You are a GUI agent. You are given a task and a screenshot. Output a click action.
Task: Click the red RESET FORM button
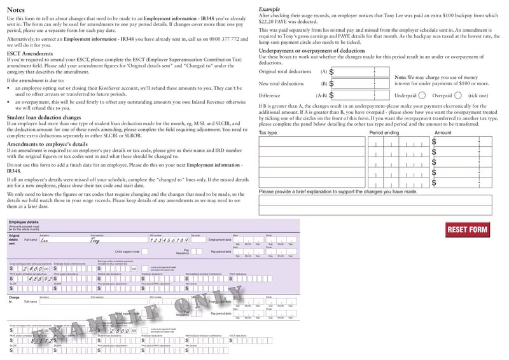468,230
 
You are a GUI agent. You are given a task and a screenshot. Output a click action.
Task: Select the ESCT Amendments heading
30,54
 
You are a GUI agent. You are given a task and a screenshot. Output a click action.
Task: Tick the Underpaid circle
422,95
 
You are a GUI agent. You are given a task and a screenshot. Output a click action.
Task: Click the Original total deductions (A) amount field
359,72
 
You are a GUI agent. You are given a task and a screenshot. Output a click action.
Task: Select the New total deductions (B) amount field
359,83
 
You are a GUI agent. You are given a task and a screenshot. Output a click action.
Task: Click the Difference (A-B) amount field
359,95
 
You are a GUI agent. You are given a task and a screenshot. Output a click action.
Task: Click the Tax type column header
268,133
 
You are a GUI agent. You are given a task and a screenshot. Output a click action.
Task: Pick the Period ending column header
384,133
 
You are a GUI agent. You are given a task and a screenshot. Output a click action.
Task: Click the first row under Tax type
312,142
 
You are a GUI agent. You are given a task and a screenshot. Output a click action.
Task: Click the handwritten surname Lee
45,240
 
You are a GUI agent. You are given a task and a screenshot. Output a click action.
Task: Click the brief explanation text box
375,201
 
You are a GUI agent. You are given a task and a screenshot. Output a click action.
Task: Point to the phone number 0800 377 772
223,39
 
